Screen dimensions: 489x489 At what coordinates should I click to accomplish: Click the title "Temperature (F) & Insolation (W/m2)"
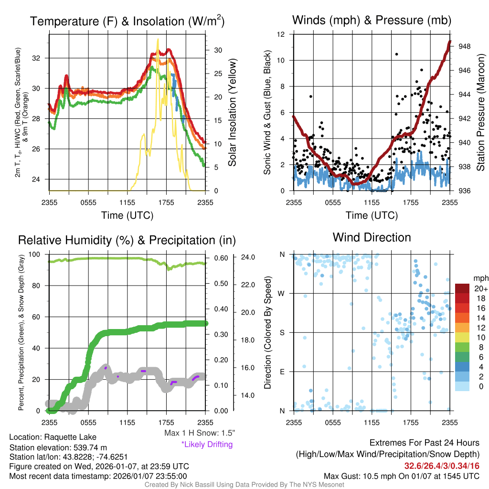[x=127, y=21]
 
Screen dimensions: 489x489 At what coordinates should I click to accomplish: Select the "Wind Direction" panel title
[x=372, y=237]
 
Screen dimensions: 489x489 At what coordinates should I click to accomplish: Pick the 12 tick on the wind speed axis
[x=282, y=34]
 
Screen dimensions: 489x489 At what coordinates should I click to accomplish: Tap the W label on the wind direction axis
[x=282, y=293]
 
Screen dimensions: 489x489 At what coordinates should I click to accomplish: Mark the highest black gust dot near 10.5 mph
[x=396, y=54]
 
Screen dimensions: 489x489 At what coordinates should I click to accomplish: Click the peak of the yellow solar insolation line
[x=158, y=40]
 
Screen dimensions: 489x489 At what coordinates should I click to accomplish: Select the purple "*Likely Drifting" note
[x=207, y=444]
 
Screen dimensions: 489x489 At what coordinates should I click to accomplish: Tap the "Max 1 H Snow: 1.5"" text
[x=200, y=433]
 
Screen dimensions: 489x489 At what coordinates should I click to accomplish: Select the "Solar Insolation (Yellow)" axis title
[x=233, y=113]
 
